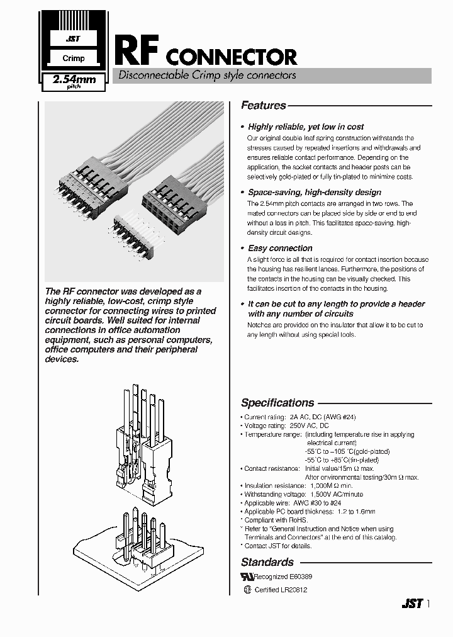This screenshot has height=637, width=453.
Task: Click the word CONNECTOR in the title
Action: [x=231, y=58]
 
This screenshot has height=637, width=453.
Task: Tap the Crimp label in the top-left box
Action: [x=74, y=59]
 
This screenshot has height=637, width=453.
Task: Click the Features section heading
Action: [x=264, y=106]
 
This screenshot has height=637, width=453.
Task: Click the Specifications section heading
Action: [x=277, y=403]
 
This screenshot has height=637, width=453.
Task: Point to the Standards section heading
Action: [x=267, y=562]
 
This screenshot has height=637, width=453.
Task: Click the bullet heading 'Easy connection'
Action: [x=280, y=248]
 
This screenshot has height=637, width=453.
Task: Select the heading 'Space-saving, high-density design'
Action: [x=315, y=192]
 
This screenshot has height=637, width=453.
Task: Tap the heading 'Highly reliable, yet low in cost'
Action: [x=306, y=127]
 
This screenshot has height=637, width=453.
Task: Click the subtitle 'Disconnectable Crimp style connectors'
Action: [x=204, y=76]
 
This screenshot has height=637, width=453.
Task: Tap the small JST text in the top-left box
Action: [x=74, y=39]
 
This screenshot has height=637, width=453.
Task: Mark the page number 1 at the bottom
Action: [x=429, y=603]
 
